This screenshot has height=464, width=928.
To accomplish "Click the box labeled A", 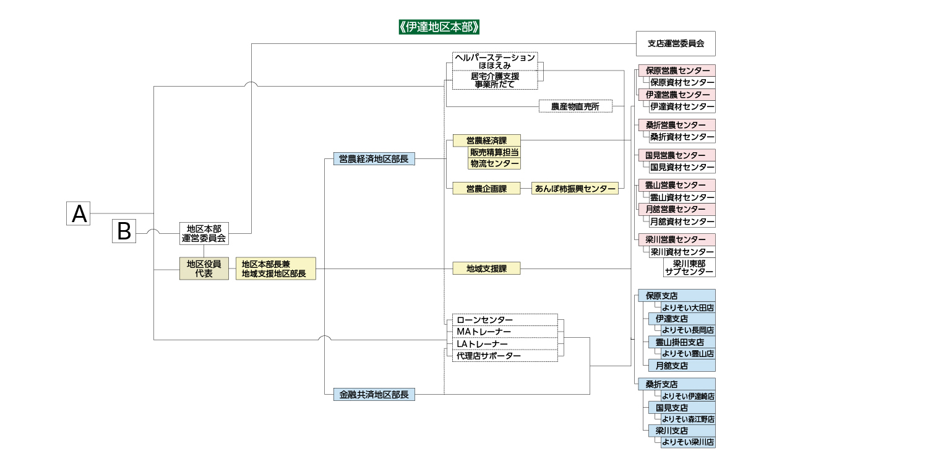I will (x=79, y=213).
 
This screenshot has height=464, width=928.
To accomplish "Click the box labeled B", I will (x=124, y=231).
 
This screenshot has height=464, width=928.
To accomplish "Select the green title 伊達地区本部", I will (x=440, y=27).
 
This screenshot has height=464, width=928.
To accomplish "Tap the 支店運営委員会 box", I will (x=676, y=43).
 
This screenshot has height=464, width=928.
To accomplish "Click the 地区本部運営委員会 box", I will (x=204, y=233).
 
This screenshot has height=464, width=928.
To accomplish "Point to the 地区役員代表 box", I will (x=204, y=269).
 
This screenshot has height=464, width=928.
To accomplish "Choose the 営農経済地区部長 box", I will (x=374, y=159).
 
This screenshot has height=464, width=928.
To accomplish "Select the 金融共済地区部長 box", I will (x=374, y=394).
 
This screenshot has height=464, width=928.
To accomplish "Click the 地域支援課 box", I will (x=486, y=269).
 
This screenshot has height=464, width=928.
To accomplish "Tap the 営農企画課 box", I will (x=486, y=189).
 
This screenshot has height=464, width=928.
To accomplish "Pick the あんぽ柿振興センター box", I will (x=575, y=189).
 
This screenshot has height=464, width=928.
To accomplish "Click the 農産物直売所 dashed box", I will (x=575, y=106).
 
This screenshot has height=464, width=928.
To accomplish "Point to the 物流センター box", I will (x=494, y=163).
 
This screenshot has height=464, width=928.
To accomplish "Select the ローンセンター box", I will (x=504, y=320).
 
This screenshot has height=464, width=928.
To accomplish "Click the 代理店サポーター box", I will (x=504, y=356).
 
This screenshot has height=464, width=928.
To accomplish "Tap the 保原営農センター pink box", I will (x=676, y=71).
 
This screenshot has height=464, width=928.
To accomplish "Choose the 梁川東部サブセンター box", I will (x=689, y=267).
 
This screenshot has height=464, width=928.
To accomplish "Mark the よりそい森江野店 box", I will (x=687, y=419).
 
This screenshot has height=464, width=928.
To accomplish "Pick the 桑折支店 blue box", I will (x=676, y=384).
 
